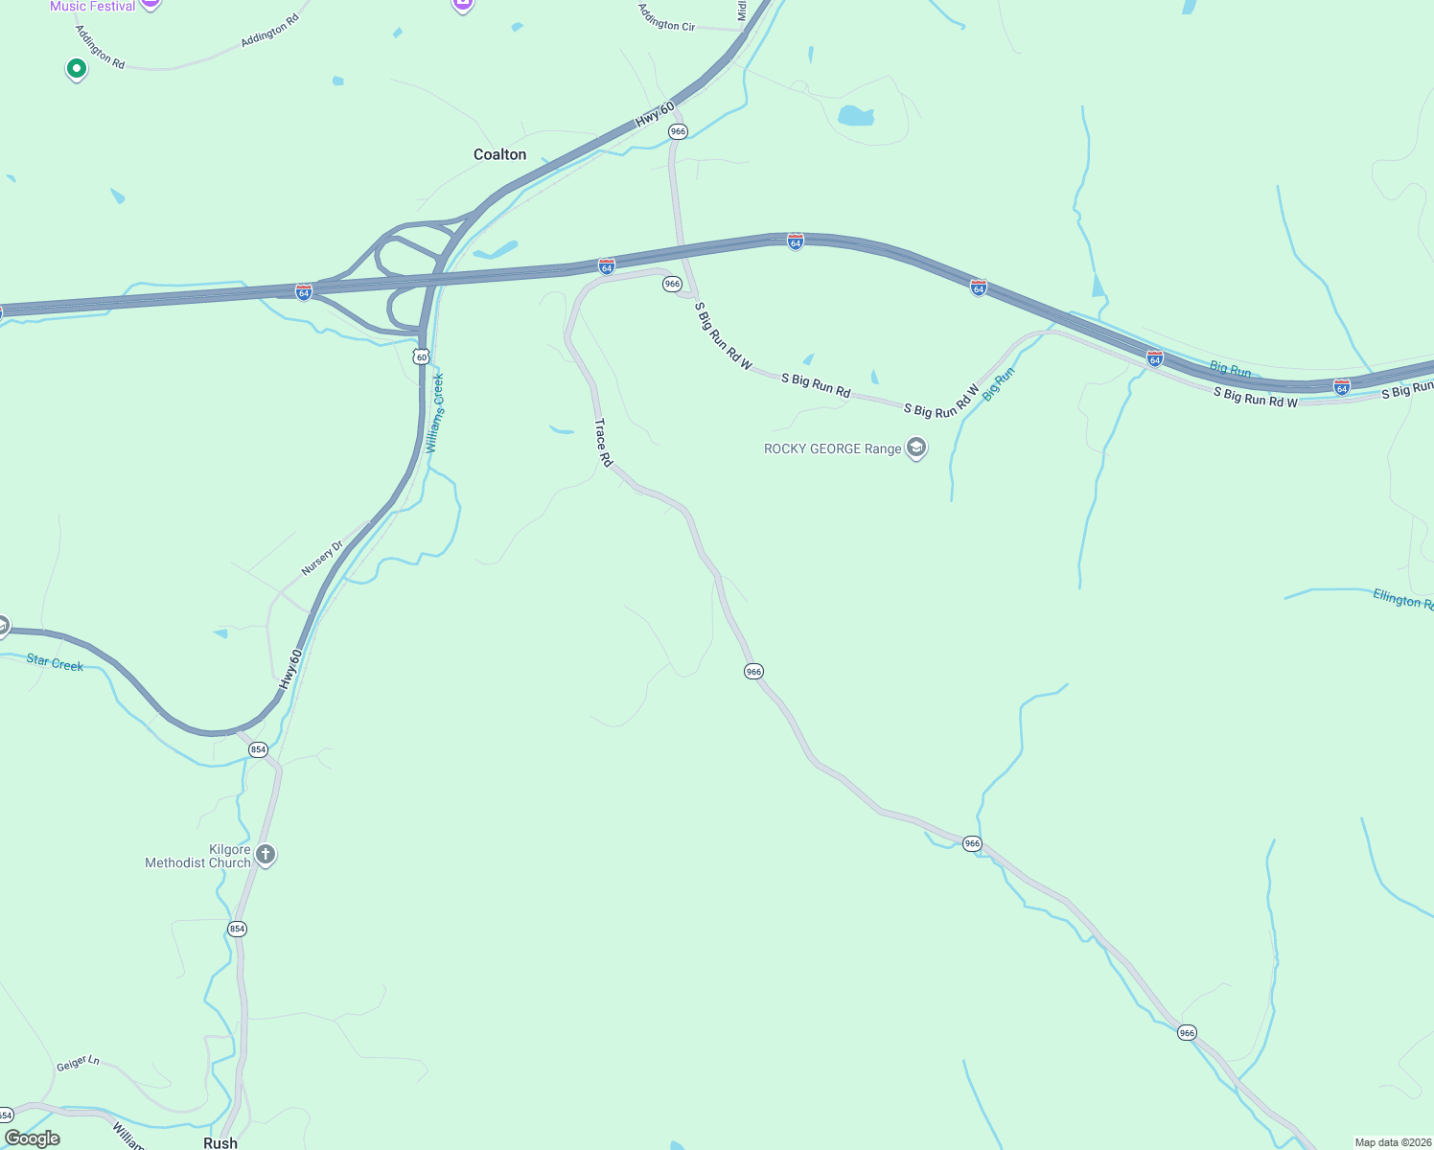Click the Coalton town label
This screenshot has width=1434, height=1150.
[499, 154]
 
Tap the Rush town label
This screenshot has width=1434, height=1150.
[220, 1142]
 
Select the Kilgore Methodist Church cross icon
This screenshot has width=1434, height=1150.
[266, 854]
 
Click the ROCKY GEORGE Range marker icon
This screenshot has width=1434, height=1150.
[916, 448]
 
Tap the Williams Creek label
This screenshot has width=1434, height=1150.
[435, 413]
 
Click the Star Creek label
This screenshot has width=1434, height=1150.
[55, 662]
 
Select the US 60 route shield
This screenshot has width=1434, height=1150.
[421, 356]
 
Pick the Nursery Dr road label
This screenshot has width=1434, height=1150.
[322, 558]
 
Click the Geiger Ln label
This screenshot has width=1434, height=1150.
[78, 1063]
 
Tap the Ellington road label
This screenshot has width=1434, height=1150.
[1402, 600]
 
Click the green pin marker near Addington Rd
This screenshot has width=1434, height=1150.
[76, 69]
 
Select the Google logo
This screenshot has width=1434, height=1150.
[33, 1138]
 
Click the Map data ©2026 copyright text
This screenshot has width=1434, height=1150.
[1392, 1142]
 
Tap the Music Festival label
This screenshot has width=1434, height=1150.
[93, 6]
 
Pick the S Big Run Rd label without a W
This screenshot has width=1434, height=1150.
[816, 385]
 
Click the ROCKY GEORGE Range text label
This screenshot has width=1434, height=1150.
[832, 448]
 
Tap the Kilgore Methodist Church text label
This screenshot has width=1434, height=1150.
[197, 856]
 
